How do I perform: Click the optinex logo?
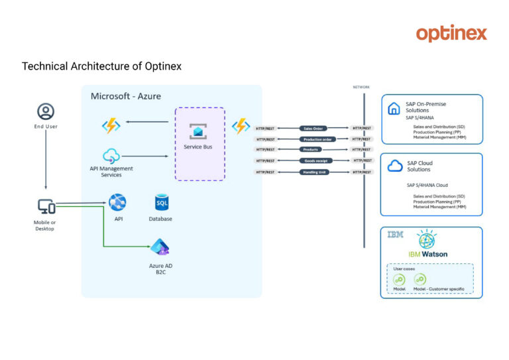(451, 33)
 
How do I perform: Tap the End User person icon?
(46, 111)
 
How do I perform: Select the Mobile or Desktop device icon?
(46, 207)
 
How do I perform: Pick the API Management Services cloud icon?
(111, 156)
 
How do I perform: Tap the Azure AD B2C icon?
(160, 248)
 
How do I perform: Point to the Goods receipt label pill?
(316, 160)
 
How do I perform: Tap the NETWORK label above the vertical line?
(362, 87)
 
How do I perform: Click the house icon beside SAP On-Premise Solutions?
(394, 109)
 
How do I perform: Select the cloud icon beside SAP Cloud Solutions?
(395, 166)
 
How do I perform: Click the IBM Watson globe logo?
(427, 240)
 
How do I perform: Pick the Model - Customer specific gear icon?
(420, 279)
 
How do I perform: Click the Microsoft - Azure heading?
(125, 97)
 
